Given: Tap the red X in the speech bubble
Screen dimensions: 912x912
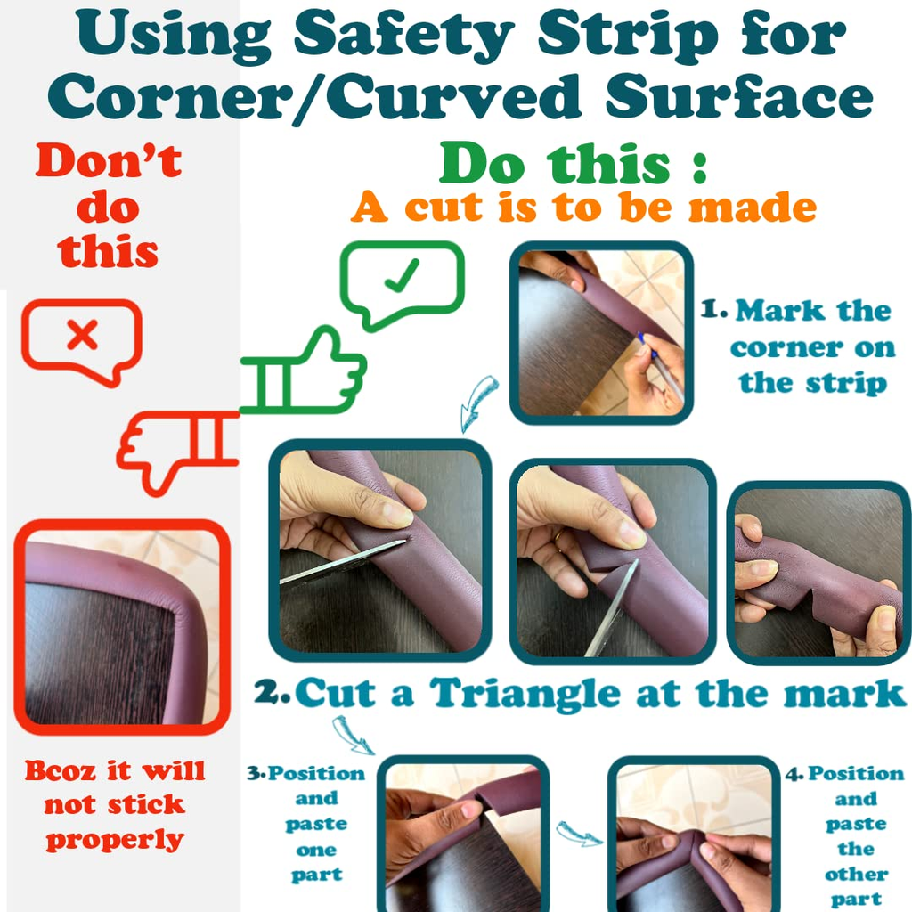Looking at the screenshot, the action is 82,335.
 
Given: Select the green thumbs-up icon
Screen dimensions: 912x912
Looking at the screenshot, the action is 303,370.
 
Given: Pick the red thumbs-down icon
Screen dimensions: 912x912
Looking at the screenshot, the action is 177,452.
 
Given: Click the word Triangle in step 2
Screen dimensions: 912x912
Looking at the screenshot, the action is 525,693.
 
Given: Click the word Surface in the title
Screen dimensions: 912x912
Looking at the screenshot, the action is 738,96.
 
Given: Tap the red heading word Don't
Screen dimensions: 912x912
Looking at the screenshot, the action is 108,160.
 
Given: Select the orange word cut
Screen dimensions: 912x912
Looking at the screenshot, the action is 444,207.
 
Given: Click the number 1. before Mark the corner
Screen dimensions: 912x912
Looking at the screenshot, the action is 713,309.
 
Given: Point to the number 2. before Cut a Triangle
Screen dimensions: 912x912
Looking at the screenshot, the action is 272,691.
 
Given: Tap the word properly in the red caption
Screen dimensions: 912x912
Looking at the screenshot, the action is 115,840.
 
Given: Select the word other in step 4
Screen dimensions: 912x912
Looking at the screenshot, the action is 856,874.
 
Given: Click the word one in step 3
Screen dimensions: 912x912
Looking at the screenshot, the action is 316,851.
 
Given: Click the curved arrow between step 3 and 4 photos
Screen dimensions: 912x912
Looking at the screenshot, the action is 579,833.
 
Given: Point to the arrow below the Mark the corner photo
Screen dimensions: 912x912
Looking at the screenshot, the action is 478,403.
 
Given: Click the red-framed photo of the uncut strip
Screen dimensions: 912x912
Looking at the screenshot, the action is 122,626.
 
